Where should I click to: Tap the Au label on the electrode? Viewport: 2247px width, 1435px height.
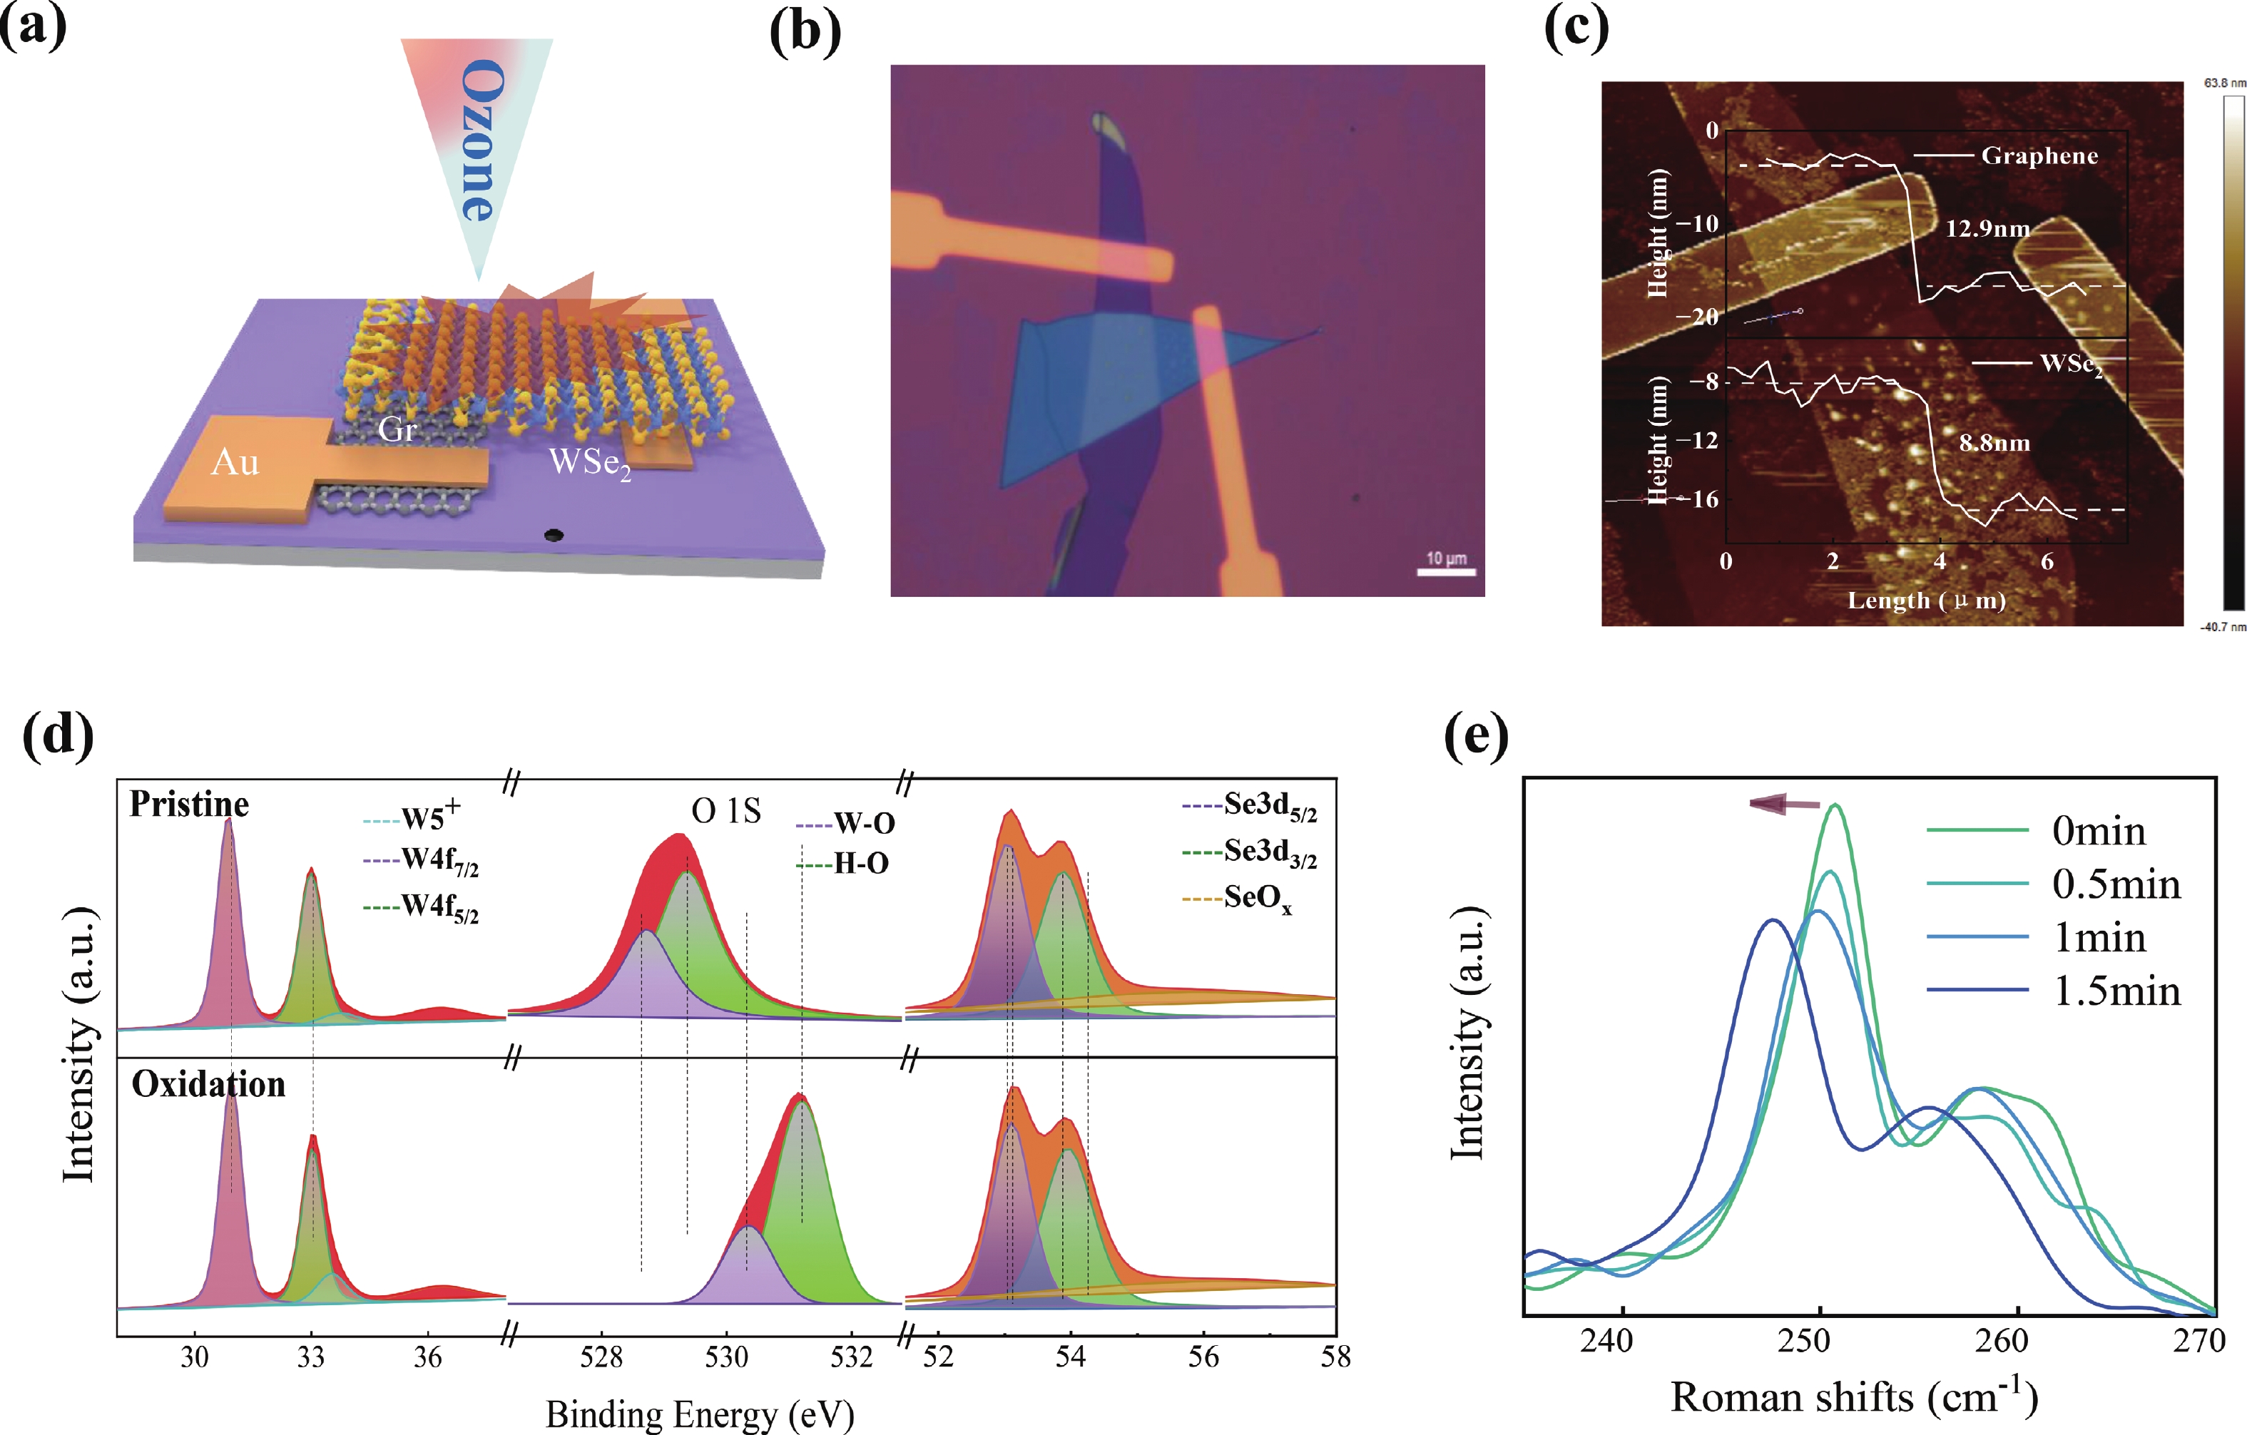coord(235,462)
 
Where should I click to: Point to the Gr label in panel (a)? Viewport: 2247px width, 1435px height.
coord(397,429)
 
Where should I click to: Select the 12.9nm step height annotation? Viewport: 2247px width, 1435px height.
coord(1987,229)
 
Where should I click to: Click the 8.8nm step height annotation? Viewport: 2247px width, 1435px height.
coord(1994,443)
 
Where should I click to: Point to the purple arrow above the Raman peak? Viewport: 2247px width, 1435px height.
coord(1784,803)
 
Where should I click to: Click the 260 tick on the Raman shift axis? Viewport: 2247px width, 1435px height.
coord(2002,1341)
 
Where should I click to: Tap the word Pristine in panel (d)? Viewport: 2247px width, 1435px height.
coord(190,805)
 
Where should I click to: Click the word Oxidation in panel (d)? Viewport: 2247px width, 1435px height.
coord(208,1084)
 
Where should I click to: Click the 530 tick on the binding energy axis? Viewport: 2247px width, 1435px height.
coord(726,1357)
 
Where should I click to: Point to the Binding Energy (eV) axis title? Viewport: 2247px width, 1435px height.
coord(700,1414)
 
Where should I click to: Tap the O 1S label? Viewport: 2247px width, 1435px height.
coord(726,811)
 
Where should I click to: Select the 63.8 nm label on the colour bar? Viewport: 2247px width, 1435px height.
coord(2225,83)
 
